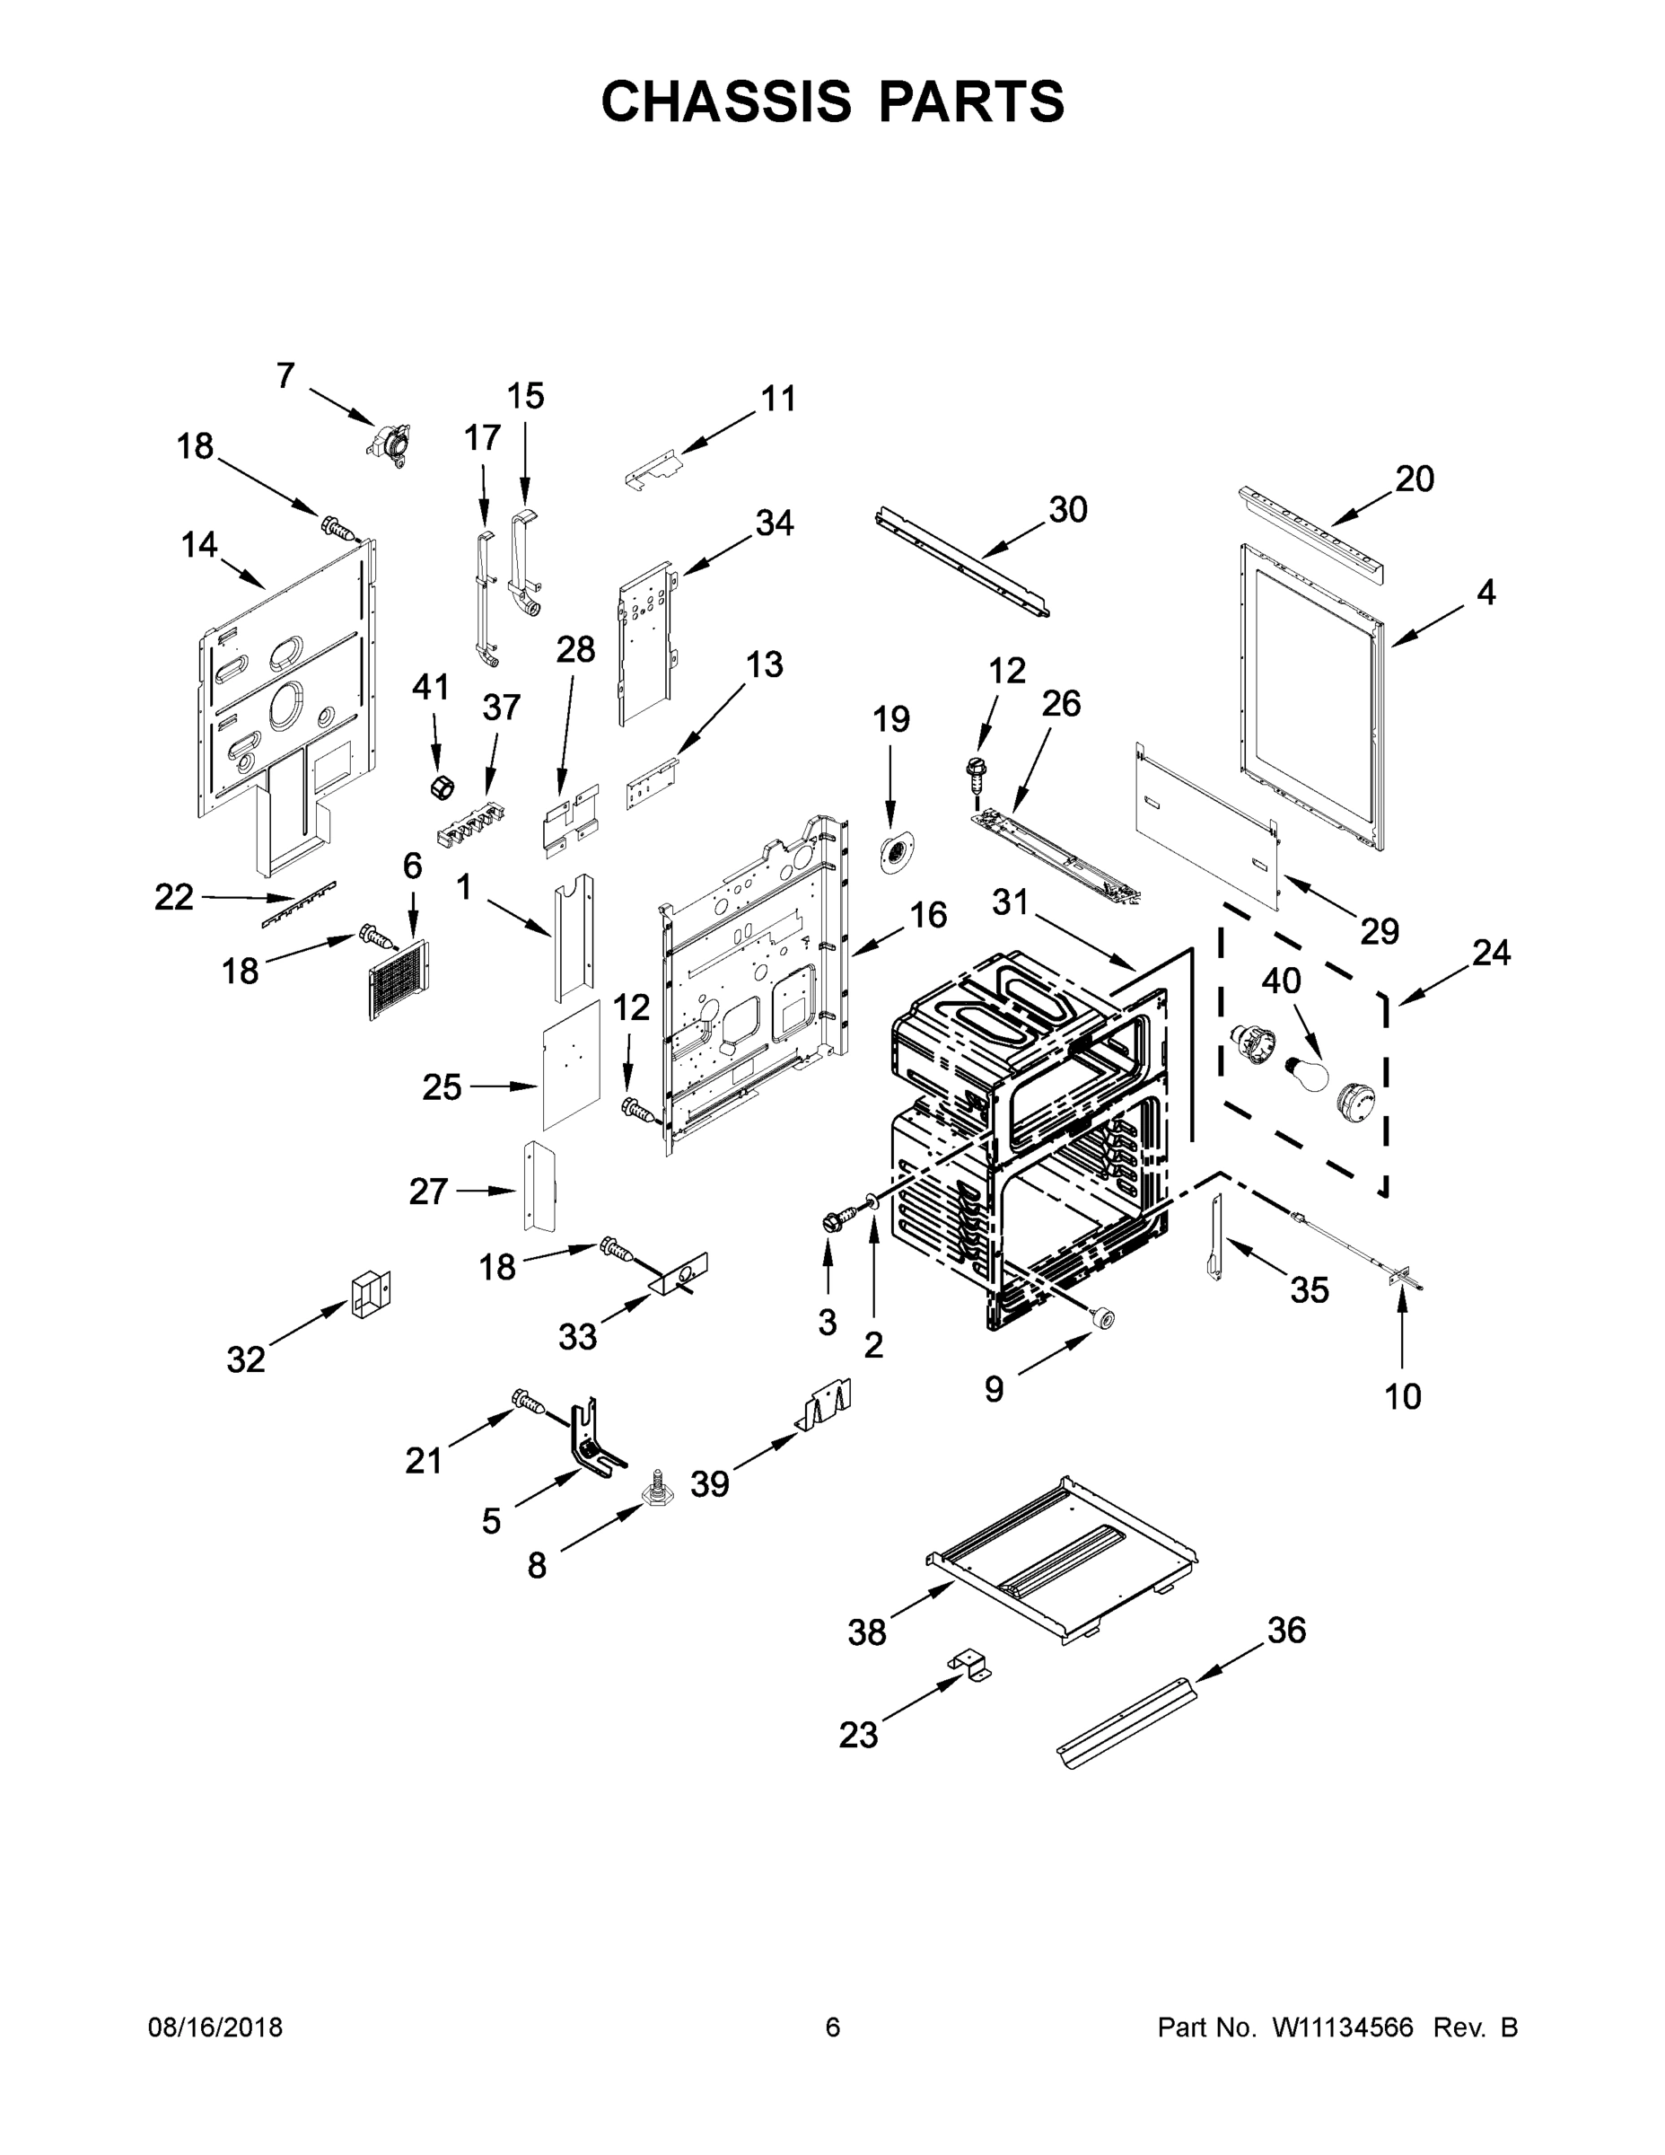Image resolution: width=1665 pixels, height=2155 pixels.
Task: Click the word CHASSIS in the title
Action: pos(726,101)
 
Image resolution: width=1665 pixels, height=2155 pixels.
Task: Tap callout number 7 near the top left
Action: pos(285,376)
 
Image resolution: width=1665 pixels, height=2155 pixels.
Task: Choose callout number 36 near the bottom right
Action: pos(1286,1630)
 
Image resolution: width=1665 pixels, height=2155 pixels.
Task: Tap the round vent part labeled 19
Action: pos(896,850)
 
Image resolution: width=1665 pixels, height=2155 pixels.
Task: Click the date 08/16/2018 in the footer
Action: pos(215,2027)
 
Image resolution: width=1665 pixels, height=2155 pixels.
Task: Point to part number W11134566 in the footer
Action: pos(1343,2027)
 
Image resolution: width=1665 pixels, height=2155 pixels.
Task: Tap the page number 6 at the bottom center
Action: pos(833,2027)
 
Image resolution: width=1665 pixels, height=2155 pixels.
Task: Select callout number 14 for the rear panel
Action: pos(199,543)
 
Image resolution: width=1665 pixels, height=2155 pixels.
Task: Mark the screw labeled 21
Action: pos(527,1399)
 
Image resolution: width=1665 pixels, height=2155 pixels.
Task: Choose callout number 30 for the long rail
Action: pos(1067,509)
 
